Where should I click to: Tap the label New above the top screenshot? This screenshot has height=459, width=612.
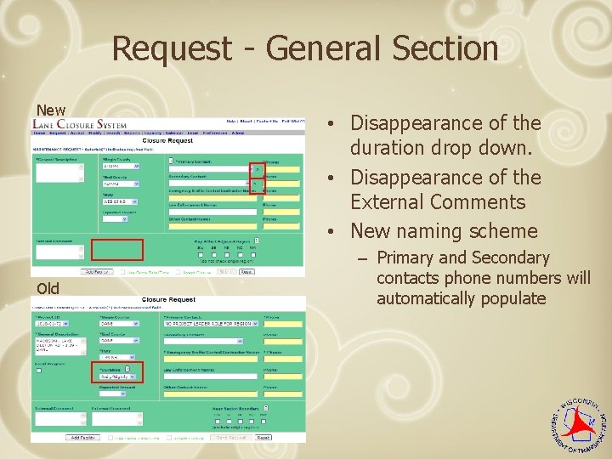50,110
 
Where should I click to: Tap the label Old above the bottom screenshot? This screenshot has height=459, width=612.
48,288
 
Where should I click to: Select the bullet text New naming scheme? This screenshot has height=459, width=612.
444,230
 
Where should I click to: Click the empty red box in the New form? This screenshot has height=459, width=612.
117,249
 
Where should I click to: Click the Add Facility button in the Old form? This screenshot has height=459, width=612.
82,437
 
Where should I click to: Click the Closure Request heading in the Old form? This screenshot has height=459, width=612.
168,300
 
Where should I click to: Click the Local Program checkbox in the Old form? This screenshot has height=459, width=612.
38,370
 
